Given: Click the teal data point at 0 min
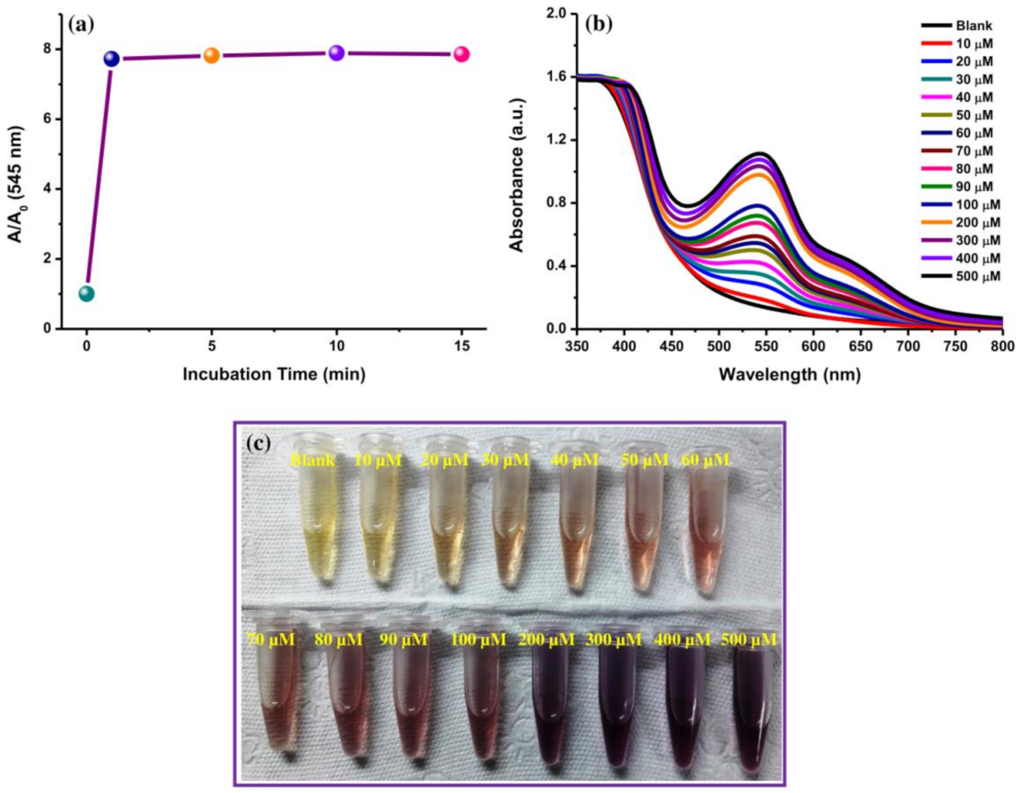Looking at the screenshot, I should pyautogui.click(x=86, y=294).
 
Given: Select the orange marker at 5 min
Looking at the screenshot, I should pyautogui.click(x=211, y=55).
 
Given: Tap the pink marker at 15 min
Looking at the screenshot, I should pyautogui.click(x=461, y=54).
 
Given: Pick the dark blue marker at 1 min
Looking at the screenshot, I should pyautogui.click(x=111, y=58).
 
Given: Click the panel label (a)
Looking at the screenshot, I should pyautogui.click(x=81, y=24).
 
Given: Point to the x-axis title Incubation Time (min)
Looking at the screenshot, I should pyautogui.click(x=274, y=373).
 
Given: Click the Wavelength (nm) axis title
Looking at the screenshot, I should pyautogui.click(x=789, y=374).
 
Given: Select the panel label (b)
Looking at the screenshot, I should pyautogui.click(x=598, y=24).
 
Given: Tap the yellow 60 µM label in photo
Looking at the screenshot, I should pyautogui.click(x=705, y=460).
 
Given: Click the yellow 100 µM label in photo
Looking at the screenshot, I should pyautogui.click(x=478, y=640).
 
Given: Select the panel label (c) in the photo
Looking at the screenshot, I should pyautogui.click(x=259, y=443).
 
